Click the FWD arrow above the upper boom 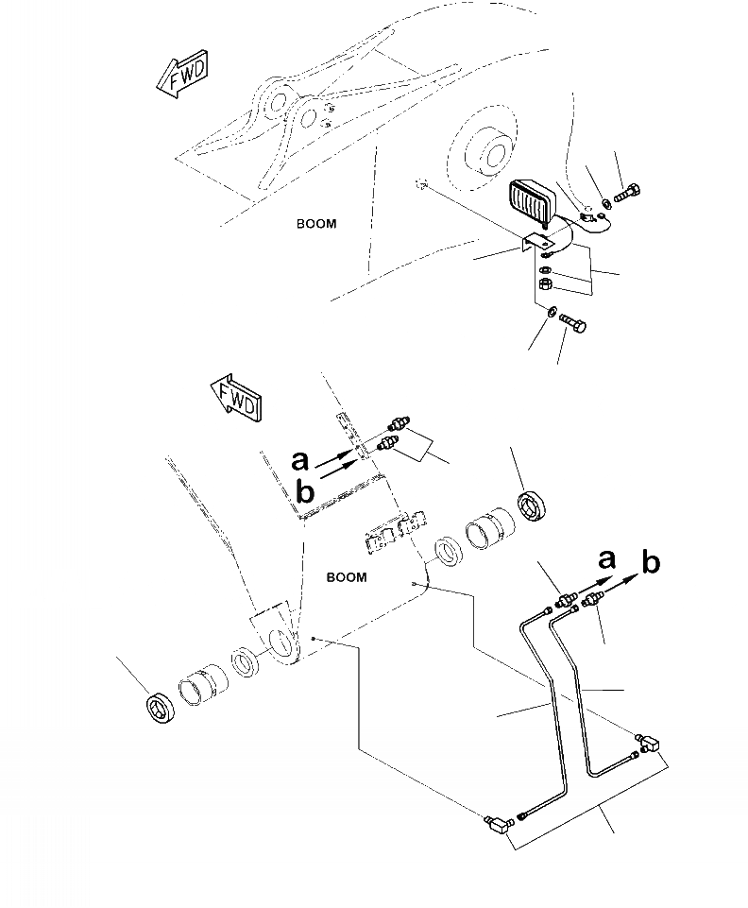pos(182,76)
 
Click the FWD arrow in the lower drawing pos(233,397)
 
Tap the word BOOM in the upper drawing pos(315,224)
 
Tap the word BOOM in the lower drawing pos(346,577)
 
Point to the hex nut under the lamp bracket pos(545,284)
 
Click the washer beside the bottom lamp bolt pos(551,312)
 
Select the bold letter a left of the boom pos(299,460)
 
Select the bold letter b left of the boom pos(303,490)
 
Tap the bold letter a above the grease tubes pos(606,558)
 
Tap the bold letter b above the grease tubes pos(651,563)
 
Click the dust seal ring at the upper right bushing pos(534,505)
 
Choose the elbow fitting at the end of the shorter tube pos(650,744)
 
